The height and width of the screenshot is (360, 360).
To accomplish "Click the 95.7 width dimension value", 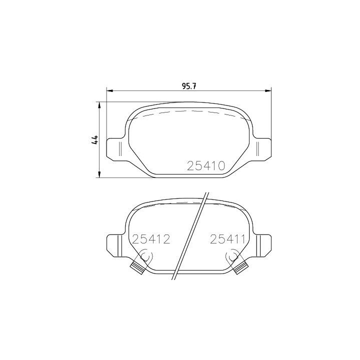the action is (x=188, y=86).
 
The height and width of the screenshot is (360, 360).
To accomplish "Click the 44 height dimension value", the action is (x=95, y=139).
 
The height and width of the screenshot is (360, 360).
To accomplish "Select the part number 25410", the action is (x=206, y=166).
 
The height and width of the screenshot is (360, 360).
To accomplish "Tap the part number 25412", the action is (x=151, y=239).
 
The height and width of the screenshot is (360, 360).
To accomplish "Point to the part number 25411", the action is (x=227, y=239).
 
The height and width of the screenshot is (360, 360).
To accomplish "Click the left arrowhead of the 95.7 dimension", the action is (x=109, y=90).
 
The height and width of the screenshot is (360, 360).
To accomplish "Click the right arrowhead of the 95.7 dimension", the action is (x=268, y=90).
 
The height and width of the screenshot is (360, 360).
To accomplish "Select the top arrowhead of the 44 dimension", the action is (x=99, y=104).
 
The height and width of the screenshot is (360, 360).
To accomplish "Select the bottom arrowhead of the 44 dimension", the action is (x=99, y=174).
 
